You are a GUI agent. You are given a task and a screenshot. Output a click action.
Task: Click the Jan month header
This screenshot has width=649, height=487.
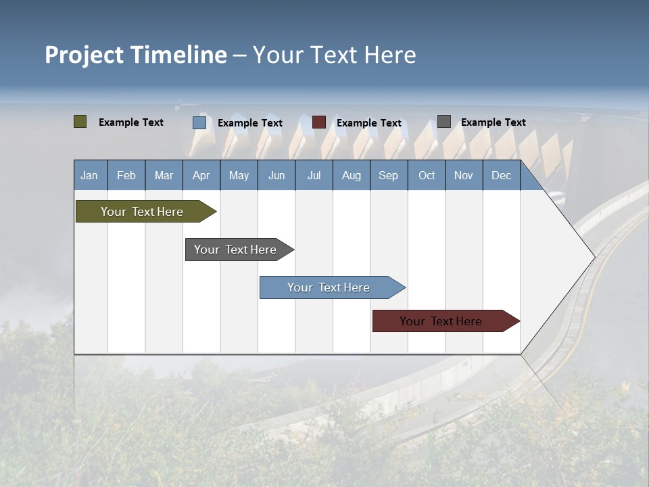[x=89, y=175]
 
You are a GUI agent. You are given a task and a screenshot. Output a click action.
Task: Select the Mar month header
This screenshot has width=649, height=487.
[x=164, y=175]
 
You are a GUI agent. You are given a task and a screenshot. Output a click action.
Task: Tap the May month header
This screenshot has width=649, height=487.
[x=239, y=175]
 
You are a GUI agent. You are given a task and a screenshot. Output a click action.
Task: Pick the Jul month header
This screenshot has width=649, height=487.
[x=314, y=175]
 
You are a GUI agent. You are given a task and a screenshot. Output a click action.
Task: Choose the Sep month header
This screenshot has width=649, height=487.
[x=388, y=175]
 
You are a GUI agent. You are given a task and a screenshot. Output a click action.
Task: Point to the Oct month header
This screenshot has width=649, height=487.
[x=427, y=175]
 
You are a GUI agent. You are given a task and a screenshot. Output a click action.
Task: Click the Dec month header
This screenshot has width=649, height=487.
[x=501, y=175]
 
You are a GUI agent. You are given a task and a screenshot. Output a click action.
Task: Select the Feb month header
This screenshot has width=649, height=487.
[x=126, y=175]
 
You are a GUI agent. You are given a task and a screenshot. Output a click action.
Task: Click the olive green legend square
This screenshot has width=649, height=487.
[x=80, y=122]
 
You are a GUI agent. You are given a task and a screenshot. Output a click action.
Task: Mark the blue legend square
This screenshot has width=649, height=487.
[x=199, y=122]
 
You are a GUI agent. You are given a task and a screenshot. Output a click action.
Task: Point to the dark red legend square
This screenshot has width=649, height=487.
[x=319, y=122]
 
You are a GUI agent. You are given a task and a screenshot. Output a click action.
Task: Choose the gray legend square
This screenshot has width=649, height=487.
[x=444, y=122]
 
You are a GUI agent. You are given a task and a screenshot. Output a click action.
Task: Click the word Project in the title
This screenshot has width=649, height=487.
[x=84, y=55]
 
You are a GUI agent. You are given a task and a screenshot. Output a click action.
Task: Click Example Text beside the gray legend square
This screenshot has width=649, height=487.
[x=493, y=122]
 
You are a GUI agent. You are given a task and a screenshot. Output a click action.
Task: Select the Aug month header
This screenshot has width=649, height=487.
[x=351, y=175]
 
